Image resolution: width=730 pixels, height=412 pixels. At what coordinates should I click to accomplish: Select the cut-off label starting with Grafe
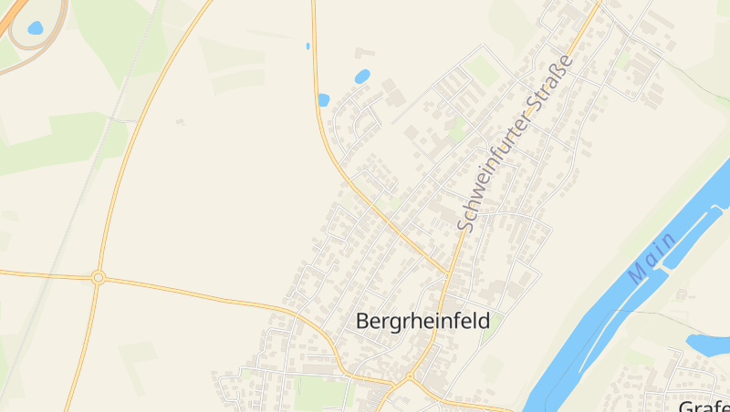pyautogui.click(x=704, y=405)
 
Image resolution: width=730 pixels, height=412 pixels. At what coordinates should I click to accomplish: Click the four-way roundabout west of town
pyautogui.click(x=99, y=277)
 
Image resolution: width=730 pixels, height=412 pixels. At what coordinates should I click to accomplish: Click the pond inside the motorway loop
pyautogui.click(x=36, y=28)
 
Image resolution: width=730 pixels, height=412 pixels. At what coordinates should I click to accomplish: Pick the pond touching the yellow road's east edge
pyautogui.click(x=323, y=100)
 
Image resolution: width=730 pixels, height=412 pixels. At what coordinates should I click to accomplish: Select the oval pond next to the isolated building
pyautogui.click(x=362, y=77)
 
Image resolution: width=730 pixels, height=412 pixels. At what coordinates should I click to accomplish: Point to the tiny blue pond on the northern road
pyautogui.click(x=308, y=46)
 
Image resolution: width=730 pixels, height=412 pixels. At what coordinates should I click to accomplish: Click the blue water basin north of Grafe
pyautogui.click(x=707, y=344)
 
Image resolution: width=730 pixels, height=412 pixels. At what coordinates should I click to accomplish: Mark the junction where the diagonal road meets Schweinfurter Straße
pyautogui.click(x=449, y=273)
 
